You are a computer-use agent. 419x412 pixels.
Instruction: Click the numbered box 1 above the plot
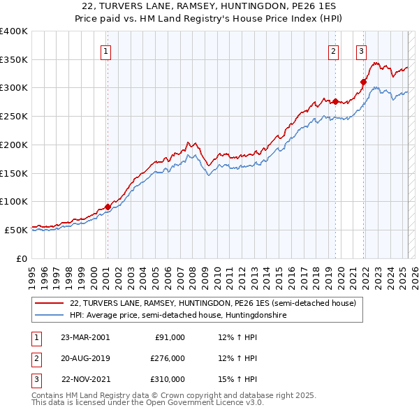coord(105,50)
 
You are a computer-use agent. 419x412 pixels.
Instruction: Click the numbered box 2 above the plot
coord(333,50)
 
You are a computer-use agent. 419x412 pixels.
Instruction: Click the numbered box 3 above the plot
coord(361,50)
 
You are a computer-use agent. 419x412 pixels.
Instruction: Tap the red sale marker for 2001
coord(108,207)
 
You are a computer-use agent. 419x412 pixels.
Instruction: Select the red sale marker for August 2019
coord(335,102)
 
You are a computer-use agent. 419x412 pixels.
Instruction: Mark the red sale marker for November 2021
coord(363,82)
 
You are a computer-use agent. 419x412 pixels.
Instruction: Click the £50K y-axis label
coord(17,230)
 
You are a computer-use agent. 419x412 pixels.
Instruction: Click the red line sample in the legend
coord(50,303)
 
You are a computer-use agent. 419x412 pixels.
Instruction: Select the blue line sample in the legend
coord(50,315)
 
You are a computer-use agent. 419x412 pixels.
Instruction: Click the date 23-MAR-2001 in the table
coord(85,337)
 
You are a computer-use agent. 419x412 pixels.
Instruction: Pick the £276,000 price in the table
coord(168,358)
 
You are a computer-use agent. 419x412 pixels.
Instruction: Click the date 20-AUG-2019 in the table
coord(85,358)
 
